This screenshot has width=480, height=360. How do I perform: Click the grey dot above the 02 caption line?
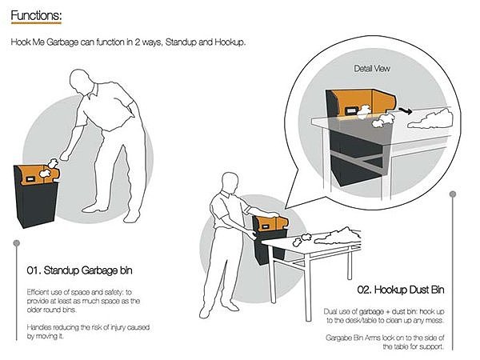453,193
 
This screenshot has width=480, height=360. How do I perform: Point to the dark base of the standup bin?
34,205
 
